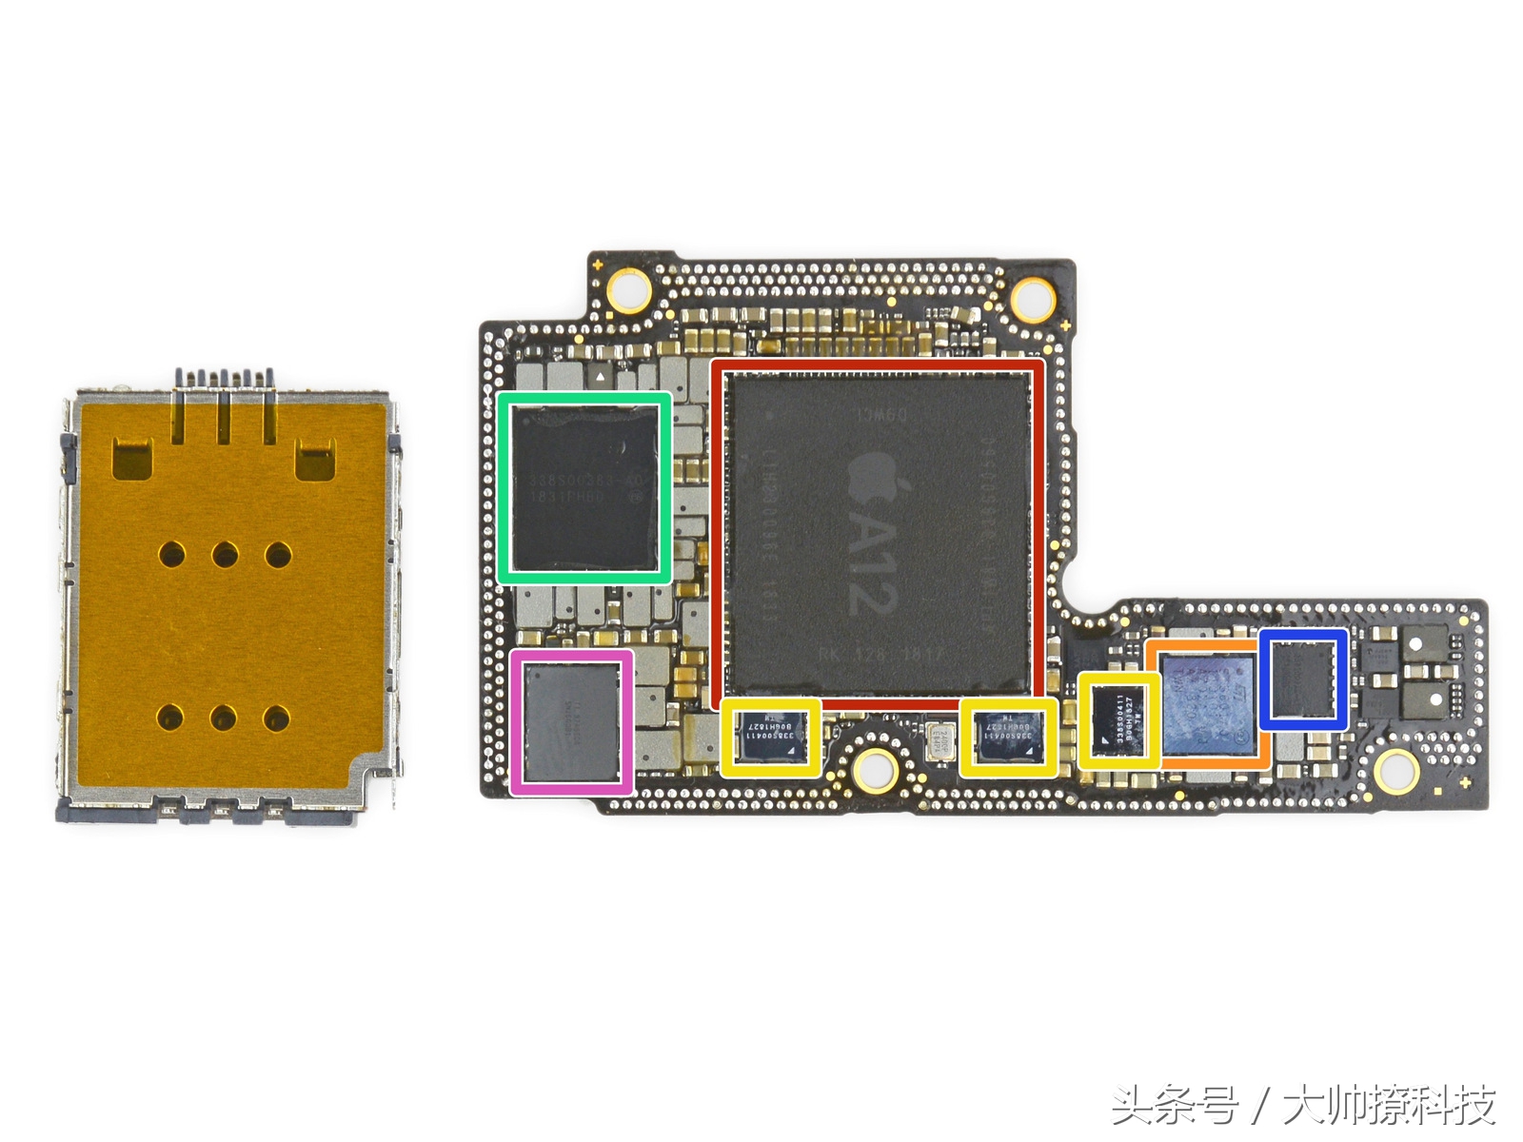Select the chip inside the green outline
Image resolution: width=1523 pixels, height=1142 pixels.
pos(584,486)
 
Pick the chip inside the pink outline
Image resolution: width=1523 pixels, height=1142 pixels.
pos(571,722)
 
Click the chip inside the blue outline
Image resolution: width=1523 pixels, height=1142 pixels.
pos(1304,679)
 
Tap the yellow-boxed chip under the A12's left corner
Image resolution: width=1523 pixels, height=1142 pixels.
pos(770,738)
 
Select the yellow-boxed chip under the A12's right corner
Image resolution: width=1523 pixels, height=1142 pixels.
pos(1008,738)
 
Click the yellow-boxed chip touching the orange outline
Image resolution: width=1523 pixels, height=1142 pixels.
pos(1118,720)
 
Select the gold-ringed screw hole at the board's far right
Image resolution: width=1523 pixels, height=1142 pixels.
pos(1395,769)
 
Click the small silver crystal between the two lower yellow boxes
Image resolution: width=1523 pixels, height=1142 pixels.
pos(942,739)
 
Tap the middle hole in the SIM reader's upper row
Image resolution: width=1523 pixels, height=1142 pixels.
pos(225,555)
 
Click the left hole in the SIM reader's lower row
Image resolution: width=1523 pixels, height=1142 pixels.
pos(170,717)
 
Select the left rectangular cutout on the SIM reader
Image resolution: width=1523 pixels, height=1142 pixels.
pos(132,458)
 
